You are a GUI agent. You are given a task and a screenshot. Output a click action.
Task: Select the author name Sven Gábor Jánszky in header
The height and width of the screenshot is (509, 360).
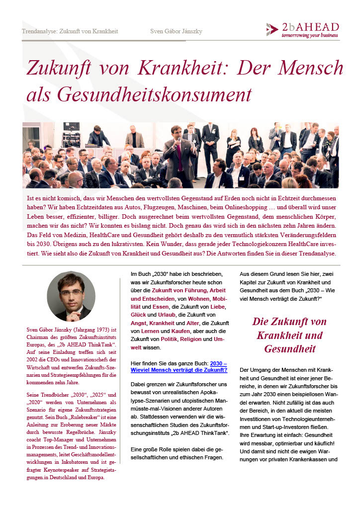(176, 31)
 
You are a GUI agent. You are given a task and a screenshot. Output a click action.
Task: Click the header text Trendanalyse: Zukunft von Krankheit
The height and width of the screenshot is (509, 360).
(70, 31)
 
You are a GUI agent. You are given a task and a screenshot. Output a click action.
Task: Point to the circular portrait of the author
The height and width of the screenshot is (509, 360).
(71, 296)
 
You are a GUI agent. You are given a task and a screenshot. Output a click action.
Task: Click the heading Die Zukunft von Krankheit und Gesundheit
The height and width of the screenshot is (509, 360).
(289, 335)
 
